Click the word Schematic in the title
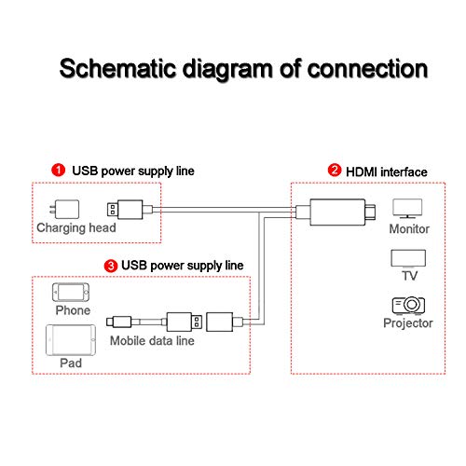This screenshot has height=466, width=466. [118, 68]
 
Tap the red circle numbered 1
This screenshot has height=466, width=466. [58, 171]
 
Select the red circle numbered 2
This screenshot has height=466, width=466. [335, 171]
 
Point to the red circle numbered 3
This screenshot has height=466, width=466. [111, 266]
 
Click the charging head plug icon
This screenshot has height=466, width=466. [64, 210]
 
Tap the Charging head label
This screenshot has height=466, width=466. [76, 228]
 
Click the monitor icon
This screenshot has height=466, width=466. [407, 209]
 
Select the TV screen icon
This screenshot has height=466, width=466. [408, 259]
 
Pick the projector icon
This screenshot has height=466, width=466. [408, 305]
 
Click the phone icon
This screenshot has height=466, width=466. [71, 292]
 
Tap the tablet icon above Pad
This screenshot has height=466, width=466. [71, 340]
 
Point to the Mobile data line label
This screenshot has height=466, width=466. [152, 341]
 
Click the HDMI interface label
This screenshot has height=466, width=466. [387, 172]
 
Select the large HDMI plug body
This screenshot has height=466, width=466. [337, 212]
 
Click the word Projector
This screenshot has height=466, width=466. [408, 323]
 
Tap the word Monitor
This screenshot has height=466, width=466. [409, 229]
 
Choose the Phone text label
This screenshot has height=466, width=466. [73, 310]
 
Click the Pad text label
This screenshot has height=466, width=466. [71, 363]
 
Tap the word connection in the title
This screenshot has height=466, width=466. [367, 68]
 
